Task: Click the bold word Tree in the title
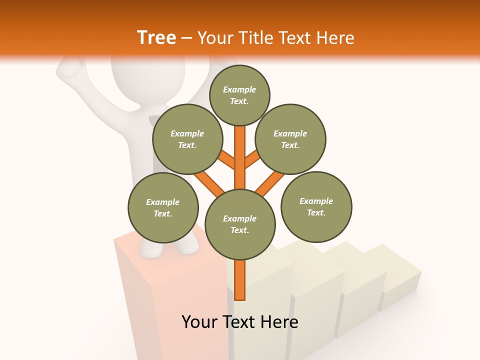[156, 37]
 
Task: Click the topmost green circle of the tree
[239, 95]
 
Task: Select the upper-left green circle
[187, 139]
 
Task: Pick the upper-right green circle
[290, 139]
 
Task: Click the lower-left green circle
[163, 207]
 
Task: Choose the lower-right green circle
[316, 206]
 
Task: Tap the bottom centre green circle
[240, 224]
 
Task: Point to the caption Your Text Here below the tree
[240, 322]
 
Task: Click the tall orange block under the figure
[170, 300]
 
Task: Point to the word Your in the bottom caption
[200, 322]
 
